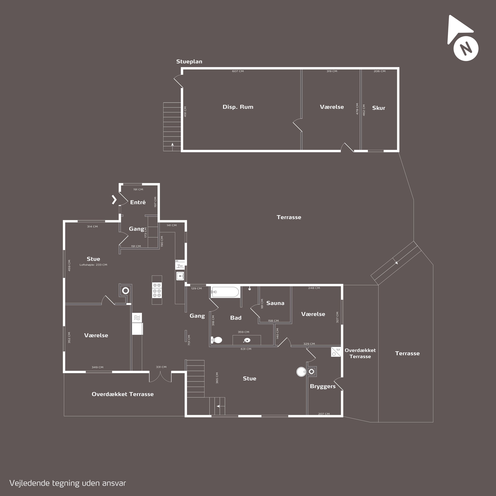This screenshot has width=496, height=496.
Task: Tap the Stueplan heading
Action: tap(189, 62)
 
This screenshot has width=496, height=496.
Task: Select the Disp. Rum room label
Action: tap(238, 107)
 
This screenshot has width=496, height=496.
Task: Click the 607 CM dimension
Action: tap(238, 71)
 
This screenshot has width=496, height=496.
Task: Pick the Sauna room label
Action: tap(275, 303)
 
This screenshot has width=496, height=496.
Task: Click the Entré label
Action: tap(138, 202)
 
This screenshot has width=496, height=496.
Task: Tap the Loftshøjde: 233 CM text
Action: tap(93, 265)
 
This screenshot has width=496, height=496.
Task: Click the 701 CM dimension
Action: tap(189, 340)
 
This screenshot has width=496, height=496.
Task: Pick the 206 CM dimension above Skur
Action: tap(379, 71)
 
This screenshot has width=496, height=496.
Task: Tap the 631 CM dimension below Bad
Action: tap(246, 349)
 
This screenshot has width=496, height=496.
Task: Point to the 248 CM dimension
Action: tap(314, 288)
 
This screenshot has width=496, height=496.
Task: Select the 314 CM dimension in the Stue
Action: tap(92, 227)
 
